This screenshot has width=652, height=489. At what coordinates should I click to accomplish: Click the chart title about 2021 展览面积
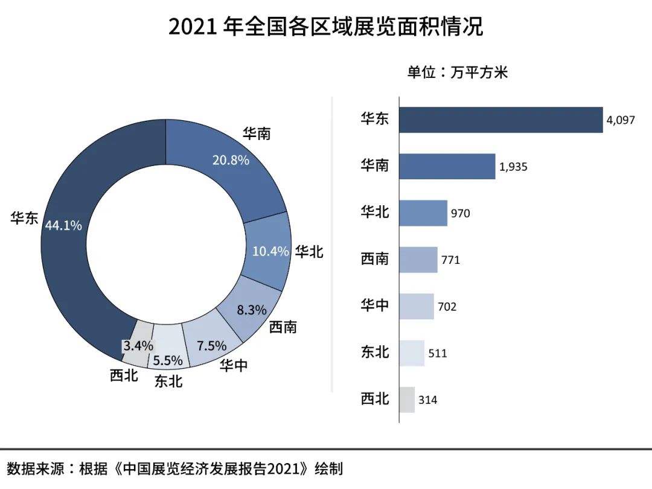pyautogui.click(x=325, y=27)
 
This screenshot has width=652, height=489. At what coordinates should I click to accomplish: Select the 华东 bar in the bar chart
pyautogui.click(x=501, y=120)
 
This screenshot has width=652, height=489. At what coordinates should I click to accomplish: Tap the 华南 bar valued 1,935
pyautogui.click(x=447, y=166)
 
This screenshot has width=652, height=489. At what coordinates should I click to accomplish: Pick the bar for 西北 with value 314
pyautogui.click(x=407, y=400)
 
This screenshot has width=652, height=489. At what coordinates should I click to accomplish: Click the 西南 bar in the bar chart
pyautogui.click(x=418, y=260)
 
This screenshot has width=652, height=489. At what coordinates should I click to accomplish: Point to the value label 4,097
pyautogui.click(x=621, y=120)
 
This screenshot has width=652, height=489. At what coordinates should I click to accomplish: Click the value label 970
pyautogui.click(x=460, y=213)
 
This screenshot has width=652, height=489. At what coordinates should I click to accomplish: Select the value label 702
pyautogui.click(x=447, y=307)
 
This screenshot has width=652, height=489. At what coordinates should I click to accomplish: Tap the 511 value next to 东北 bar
pyautogui.click(x=438, y=353)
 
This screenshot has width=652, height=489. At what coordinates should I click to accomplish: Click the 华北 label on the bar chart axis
pyautogui.click(x=375, y=213)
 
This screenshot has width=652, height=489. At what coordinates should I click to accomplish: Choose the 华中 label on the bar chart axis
pyautogui.click(x=375, y=306)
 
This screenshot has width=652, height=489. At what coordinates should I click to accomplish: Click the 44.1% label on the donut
pyautogui.click(x=63, y=225)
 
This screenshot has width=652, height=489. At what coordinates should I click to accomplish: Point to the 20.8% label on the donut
pyautogui.click(x=230, y=160)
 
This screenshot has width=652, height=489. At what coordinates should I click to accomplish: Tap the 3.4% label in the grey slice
pyautogui.click(x=138, y=347)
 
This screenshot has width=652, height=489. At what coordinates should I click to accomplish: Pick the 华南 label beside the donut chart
pyautogui.click(x=257, y=133)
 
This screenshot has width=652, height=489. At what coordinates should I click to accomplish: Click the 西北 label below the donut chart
pyautogui.click(x=124, y=376)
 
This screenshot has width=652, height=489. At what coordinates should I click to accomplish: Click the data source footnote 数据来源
pyautogui.click(x=175, y=468)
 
